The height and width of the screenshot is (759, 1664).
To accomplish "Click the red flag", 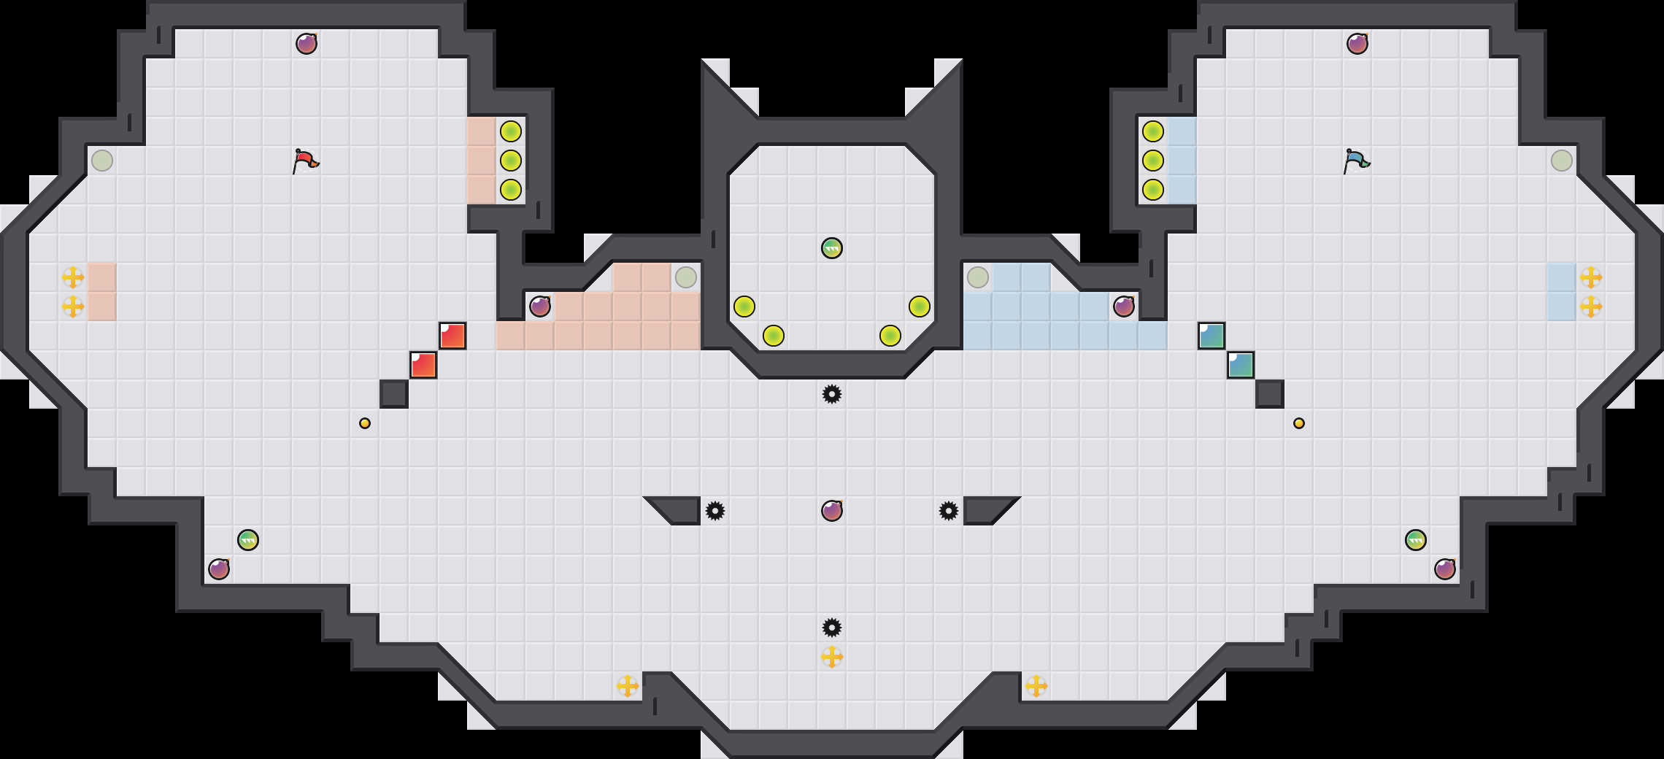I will click(x=306, y=161).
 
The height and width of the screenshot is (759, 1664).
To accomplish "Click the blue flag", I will click(x=1357, y=161).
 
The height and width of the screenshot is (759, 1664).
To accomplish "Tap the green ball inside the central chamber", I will click(x=832, y=248).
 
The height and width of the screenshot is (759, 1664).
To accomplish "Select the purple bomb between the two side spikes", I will click(x=832, y=511).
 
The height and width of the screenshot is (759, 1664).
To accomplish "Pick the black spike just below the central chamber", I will click(x=832, y=394).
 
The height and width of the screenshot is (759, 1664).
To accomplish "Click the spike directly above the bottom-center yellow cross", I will click(x=832, y=628).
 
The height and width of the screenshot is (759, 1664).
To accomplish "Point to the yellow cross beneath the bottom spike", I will click(x=832, y=657).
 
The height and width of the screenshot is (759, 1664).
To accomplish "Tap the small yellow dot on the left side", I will click(x=365, y=423).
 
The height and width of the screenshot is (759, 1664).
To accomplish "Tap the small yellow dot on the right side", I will click(x=1299, y=423).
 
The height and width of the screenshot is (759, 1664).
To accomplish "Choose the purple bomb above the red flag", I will click(x=307, y=44).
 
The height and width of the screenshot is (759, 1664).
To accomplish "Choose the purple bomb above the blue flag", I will click(x=1357, y=44).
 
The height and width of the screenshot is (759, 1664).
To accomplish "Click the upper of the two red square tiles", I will click(x=452, y=336).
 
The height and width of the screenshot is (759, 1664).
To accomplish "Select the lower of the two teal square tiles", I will click(x=1241, y=365).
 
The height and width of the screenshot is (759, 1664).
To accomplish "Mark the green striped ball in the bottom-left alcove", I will click(x=248, y=540).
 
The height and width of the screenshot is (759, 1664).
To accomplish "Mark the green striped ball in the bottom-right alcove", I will click(x=1416, y=540).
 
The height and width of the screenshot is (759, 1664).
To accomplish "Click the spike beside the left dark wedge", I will click(x=715, y=511).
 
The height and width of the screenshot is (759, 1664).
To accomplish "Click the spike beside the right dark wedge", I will click(x=949, y=511).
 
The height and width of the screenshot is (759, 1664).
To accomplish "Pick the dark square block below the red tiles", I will click(x=394, y=394).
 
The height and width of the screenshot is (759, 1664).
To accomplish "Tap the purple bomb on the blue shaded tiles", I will click(x=1124, y=307).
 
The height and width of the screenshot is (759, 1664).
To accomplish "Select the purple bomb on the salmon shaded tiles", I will click(x=540, y=307).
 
